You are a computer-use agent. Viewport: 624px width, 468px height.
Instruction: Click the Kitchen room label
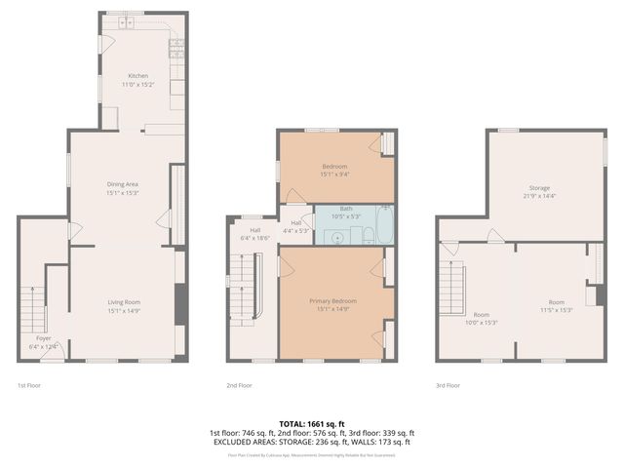tap(138, 75)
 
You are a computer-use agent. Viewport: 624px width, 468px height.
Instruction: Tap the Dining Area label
tap(123, 183)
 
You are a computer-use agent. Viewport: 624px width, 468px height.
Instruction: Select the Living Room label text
tap(124, 301)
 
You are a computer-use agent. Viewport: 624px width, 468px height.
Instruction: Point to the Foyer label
tap(30, 337)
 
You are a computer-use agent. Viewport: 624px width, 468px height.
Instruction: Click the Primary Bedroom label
tap(332, 301)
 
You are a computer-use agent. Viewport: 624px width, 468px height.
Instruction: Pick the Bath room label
tap(346, 209)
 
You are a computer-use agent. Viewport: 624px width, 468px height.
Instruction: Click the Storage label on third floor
tap(539, 187)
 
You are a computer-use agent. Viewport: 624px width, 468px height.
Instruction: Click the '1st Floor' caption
tap(28, 385)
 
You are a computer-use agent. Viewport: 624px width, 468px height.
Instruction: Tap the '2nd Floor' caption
tap(240, 385)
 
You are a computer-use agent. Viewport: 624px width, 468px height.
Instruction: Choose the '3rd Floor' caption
tap(448, 385)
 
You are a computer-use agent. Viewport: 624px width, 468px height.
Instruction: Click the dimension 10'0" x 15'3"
tap(482, 322)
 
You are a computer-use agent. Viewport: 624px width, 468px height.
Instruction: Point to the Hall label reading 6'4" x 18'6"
tap(253, 237)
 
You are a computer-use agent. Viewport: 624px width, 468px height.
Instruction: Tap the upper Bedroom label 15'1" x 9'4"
tap(334, 175)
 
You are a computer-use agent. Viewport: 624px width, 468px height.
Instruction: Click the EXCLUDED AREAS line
tap(311, 442)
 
